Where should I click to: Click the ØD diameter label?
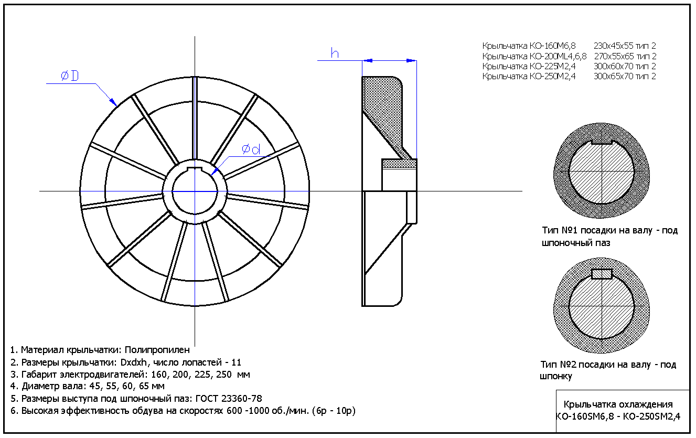pos(69,77)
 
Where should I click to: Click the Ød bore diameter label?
pos(251,149)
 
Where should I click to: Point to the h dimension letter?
pos(335,53)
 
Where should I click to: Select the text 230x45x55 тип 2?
pos(625,46)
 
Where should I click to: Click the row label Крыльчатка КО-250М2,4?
pos(529,77)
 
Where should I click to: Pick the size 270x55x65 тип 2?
pos(625,56)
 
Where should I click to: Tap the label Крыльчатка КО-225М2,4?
pos(529,67)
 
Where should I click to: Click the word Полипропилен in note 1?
pos(157,350)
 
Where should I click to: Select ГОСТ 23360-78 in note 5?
pos(229,399)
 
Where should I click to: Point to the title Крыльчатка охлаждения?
pos(618,404)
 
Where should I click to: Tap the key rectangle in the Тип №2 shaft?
pos(602,274)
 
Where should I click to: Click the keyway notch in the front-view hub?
pos(195,168)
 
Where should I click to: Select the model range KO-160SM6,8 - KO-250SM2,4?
pos(618,417)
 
